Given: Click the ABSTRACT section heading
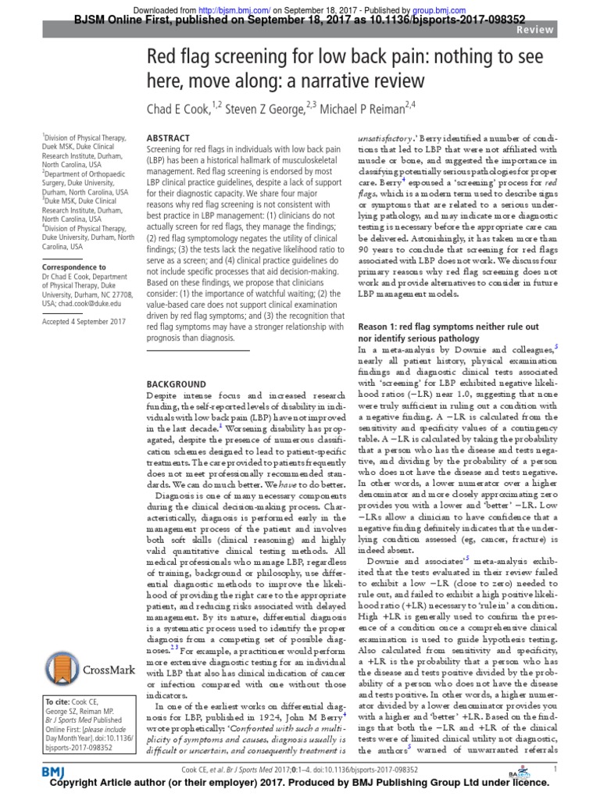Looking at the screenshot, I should pyautogui.click(x=169, y=136).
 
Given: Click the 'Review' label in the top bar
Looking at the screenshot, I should pyautogui.click(x=575, y=29).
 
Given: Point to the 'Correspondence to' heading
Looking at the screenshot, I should pyautogui.click(x=76, y=266).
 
